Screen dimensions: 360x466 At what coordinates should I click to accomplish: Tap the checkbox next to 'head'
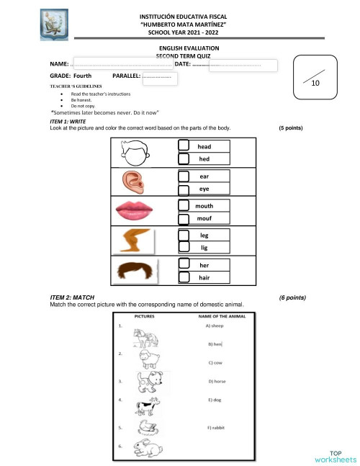pos(184,145)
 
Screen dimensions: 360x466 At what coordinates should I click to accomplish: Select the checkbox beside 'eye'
pos(184,189)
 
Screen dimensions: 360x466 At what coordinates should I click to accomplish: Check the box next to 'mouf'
pos(184,217)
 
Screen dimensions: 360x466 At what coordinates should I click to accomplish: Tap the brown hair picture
pos(135,272)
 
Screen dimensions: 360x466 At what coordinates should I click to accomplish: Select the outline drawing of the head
pos(135,153)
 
